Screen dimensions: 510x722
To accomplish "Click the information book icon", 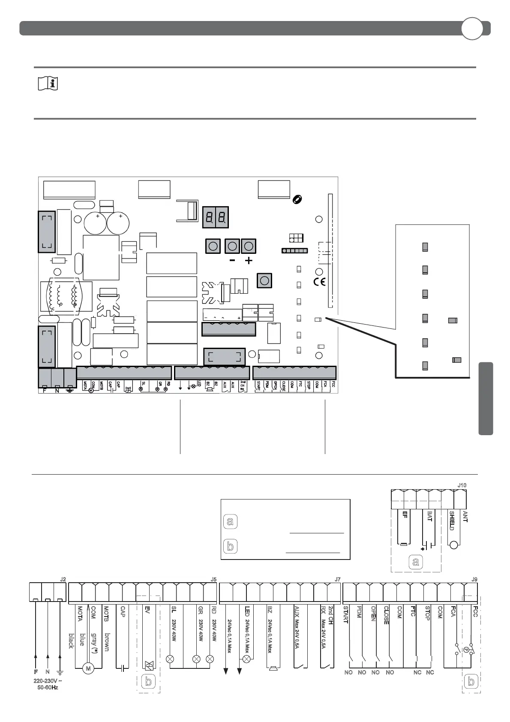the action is (48, 84).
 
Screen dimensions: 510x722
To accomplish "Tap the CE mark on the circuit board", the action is (320, 282).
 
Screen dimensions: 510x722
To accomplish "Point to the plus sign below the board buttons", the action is (249, 261).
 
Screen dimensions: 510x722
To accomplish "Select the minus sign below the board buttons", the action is (232, 261).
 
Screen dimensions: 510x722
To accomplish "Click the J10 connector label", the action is (462, 485).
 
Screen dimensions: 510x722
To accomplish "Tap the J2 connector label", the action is (63, 579).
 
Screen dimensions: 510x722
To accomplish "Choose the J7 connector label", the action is (337, 579).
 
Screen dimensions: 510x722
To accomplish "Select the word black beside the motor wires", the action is (72, 641).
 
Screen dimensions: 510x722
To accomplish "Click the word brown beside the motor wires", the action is (107, 642).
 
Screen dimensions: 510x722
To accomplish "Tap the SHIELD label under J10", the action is (451, 520).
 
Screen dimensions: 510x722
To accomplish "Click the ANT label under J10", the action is (465, 516).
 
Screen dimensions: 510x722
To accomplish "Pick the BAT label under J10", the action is (429, 516).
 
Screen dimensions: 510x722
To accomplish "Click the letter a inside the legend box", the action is (231, 522).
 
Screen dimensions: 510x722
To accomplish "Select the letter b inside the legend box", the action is (231, 546).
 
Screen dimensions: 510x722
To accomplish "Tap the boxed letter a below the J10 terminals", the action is (415, 561).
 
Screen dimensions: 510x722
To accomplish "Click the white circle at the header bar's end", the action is (472, 29).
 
